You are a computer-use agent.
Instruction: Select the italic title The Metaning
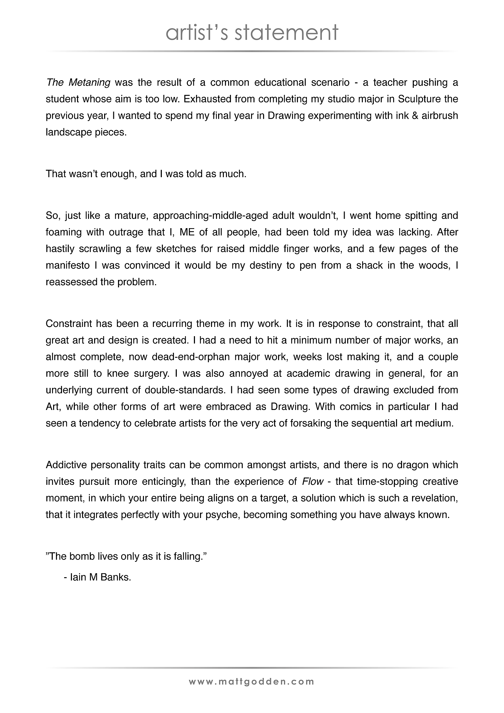point(78,83)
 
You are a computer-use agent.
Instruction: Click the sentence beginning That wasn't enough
point(146,174)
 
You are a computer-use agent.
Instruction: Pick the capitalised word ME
point(187,232)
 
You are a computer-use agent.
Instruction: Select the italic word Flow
point(313,482)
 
